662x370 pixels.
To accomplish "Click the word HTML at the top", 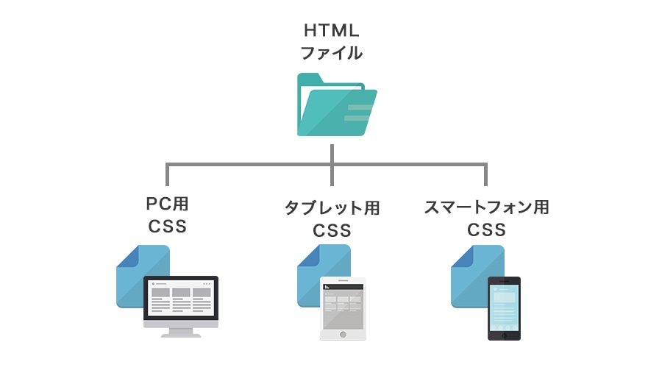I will point(332,31).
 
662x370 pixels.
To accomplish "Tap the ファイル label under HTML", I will point(332,53).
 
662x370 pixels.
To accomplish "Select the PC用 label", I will point(168,204).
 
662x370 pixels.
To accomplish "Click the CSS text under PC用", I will point(168,227).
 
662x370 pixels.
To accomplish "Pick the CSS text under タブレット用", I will point(332,230).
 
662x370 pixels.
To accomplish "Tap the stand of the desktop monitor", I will point(181,332).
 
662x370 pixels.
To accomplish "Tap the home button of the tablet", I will point(342,334).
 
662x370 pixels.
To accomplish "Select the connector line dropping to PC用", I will point(168,174).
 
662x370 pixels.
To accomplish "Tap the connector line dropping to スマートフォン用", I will point(485,174).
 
